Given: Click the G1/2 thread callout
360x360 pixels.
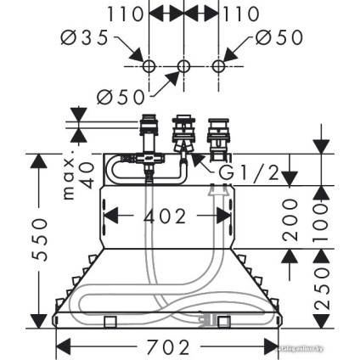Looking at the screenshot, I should [x=249, y=173].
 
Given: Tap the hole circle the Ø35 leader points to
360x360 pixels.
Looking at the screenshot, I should [x=148, y=65].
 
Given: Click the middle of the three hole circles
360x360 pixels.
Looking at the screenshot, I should [x=183, y=65].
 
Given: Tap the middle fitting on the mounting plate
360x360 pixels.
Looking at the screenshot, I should [x=183, y=137].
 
